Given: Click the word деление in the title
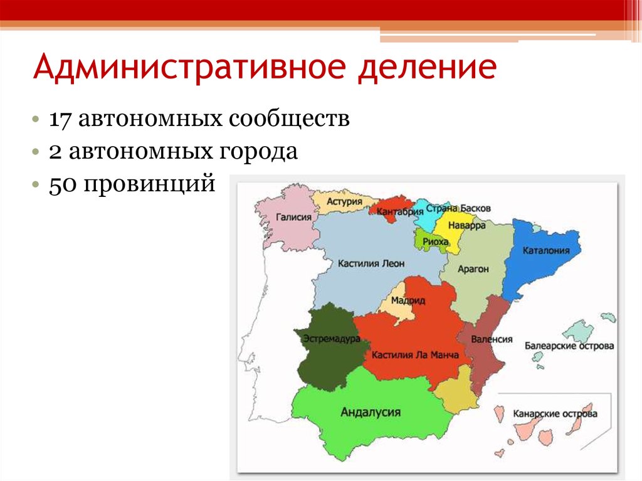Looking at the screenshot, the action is [x=427, y=67].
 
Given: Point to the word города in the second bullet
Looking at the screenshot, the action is [x=258, y=152].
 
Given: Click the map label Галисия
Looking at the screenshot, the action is [x=293, y=217].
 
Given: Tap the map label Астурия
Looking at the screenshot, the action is [x=344, y=201].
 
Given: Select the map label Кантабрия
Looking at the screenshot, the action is [x=399, y=212].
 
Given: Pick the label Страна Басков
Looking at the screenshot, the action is [x=458, y=208].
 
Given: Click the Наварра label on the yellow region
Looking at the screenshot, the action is [x=466, y=225].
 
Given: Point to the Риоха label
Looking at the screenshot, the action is [x=435, y=241].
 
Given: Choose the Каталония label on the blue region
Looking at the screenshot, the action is [x=546, y=250].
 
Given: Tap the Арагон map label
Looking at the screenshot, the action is [x=473, y=269].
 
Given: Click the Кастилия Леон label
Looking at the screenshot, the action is [x=371, y=263].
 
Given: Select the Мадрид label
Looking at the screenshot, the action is [x=408, y=301].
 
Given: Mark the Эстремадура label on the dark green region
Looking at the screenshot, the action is [x=331, y=339].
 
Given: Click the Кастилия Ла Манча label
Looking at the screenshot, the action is [x=415, y=355].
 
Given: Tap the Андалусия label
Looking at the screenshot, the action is [x=371, y=412].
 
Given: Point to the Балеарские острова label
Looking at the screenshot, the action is [x=569, y=346].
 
